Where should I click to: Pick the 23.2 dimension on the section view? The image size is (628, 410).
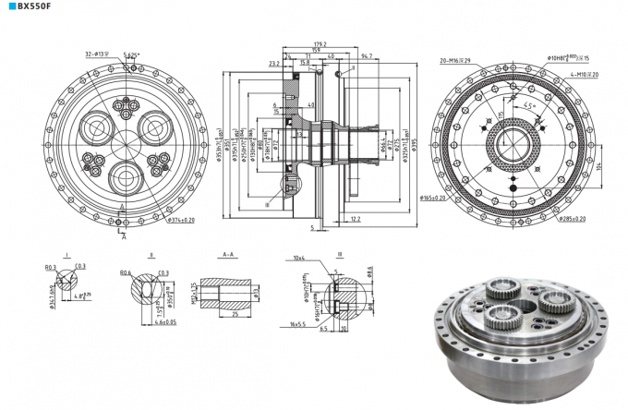274,64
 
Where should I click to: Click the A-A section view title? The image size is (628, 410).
227,254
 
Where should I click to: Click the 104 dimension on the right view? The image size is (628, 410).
598,168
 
